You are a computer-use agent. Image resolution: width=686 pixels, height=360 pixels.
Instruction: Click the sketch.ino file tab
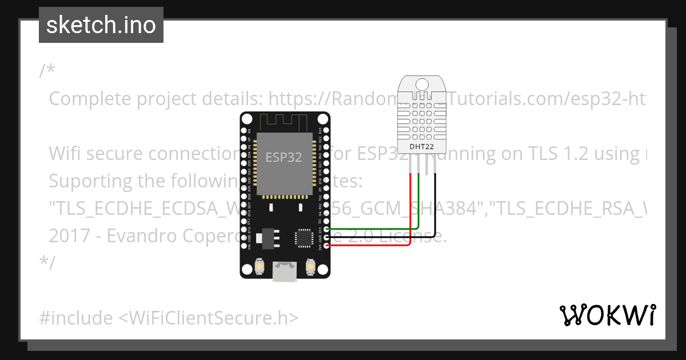101,25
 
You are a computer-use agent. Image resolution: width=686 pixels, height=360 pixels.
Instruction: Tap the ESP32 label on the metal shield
284,157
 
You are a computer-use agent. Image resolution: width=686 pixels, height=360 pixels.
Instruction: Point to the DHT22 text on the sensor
421,146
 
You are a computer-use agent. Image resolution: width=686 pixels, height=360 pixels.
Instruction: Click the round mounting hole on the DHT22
421,84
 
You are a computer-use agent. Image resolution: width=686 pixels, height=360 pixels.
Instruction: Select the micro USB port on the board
284,272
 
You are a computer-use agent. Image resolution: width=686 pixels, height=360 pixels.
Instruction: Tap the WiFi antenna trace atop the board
284,122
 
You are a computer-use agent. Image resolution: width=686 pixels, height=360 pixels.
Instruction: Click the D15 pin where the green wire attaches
326,230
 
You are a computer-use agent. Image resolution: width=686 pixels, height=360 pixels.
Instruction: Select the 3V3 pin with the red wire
326,246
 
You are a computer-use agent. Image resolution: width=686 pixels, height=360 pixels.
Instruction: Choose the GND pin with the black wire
326,238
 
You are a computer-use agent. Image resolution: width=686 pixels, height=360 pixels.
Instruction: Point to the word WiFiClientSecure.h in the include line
208,318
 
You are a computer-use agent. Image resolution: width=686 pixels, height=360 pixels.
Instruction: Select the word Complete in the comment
90,99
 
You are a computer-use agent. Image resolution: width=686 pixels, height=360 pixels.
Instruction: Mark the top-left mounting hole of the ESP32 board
246,119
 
